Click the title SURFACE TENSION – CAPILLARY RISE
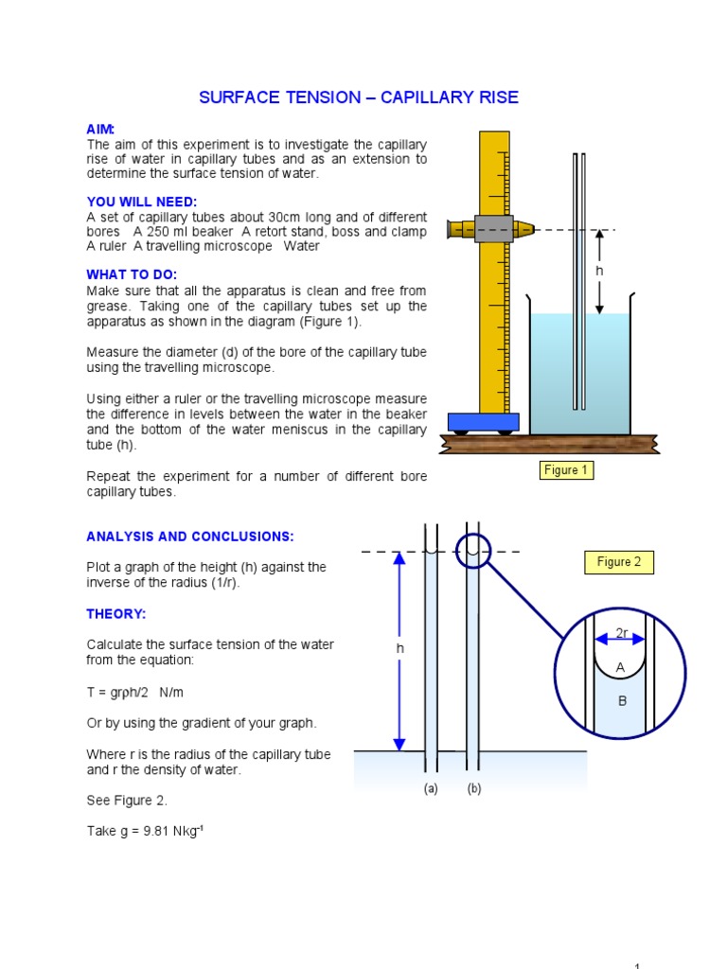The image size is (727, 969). tap(358, 98)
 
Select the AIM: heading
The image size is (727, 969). tap(100, 130)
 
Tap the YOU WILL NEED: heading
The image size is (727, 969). tap(142, 202)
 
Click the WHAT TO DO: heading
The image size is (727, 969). tap(132, 274)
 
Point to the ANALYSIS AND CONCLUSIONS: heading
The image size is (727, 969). tap(190, 537)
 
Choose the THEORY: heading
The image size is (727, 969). tap(116, 614)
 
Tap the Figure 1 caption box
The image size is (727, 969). tap(566, 470)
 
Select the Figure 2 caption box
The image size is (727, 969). tap(619, 562)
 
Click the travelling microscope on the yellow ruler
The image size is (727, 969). tap(491, 229)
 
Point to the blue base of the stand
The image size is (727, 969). tap(483, 422)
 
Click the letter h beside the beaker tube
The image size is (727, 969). tap(599, 272)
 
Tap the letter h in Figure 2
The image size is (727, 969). tap(399, 649)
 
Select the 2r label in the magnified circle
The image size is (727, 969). tap(621, 633)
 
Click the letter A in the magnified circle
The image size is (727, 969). tap(621, 668)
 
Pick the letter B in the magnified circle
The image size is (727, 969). tap(622, 701)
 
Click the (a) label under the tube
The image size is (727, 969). tap(431, 789)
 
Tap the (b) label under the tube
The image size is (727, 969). tap(474, 789)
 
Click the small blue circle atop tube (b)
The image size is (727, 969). tap(473, 551)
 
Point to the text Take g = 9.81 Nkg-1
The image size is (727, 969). tap(145, 830)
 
